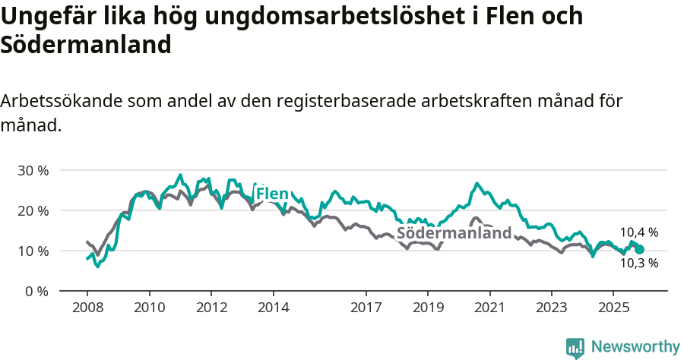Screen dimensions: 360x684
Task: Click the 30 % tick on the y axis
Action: click(33, 170)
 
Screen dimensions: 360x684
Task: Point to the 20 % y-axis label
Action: click(33, 210)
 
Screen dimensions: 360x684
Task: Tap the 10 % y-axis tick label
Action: click(33, 251)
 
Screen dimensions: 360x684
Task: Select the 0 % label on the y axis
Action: click(36, 291)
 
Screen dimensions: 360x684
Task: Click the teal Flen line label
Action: click(272, 194)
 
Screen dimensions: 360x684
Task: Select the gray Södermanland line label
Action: click(454, 233)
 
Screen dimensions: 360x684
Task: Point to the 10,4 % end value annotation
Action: click(639, 232)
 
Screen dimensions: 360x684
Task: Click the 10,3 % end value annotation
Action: click(639, 263)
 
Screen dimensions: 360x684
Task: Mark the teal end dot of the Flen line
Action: click(640, 249)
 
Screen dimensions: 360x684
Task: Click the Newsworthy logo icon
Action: click(575, 347)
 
